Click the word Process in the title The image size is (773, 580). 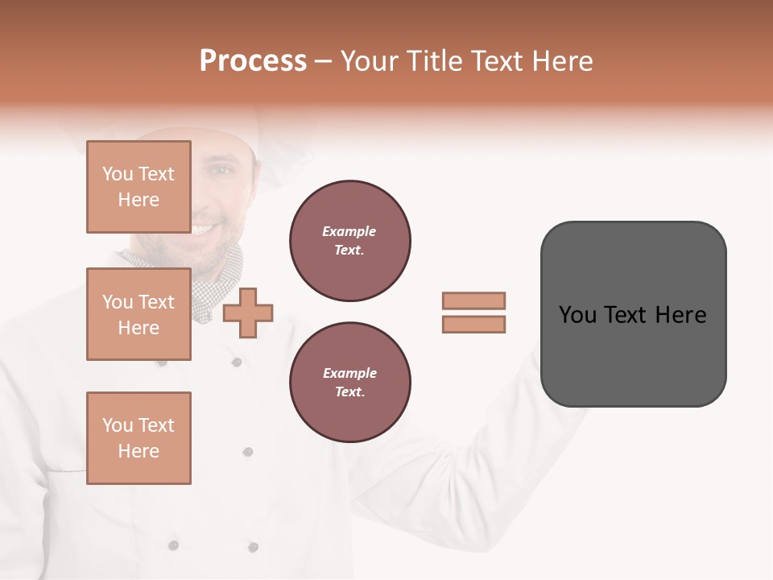point(253,61)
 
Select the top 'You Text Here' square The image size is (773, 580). point(138,187)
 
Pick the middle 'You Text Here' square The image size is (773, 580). point(138,314)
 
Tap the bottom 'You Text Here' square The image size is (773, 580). point(138,437)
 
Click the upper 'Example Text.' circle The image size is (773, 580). point(350,241)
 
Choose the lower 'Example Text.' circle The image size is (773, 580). point(350,382)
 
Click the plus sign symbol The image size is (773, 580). point(248,313)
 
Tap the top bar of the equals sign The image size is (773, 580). point(473,300)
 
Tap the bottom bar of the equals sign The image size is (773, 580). point(473,324)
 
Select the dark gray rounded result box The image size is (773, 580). point(633,313)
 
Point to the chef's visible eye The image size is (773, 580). point(220,172)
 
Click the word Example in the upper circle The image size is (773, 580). point(349,231)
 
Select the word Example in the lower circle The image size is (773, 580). point(349,373)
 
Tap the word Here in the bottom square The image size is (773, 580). point(138,451)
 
